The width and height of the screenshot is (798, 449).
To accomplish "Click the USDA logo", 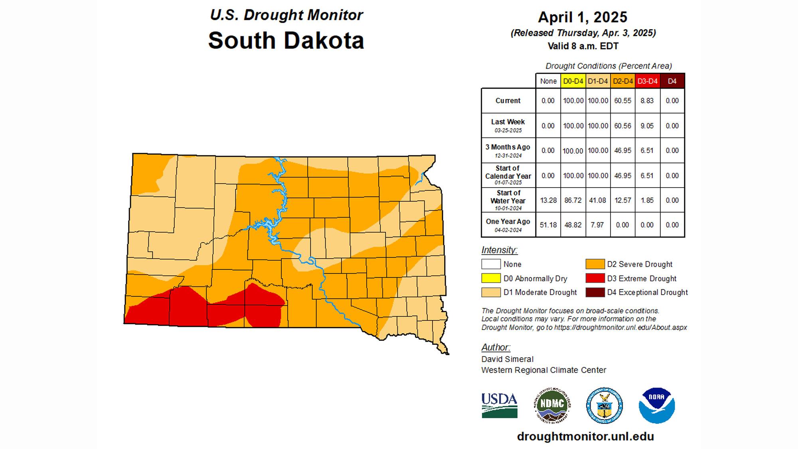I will (500, 405).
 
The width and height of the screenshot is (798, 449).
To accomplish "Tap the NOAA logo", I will (656, 405).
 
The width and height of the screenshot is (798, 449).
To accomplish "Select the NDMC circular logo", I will (552, 405).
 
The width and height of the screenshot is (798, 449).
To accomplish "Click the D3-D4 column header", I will (647, 81).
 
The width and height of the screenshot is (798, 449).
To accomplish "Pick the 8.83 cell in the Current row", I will (647, 101).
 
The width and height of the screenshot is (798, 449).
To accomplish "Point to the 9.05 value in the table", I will (647, 126).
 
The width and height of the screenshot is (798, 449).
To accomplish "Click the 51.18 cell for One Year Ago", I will (548, 225).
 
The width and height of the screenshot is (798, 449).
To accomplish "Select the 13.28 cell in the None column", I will (548, 200).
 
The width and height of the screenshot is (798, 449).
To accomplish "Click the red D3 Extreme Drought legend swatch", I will (595, 278).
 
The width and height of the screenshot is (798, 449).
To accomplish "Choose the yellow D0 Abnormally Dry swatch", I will (491, 278).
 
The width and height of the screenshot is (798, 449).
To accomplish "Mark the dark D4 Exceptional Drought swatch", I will (595, 292).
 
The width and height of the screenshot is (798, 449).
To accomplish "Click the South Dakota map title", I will (286, 40).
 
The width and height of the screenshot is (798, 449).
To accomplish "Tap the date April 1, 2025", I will (583, 17).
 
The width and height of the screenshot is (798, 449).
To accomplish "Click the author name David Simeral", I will (507, 359).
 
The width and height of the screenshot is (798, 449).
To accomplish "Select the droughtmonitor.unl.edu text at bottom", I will (585, 436).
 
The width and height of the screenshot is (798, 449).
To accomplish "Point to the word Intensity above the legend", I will (499, 250).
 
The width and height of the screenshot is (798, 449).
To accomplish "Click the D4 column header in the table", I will (672, 81).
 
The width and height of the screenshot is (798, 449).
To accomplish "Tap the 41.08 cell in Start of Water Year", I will (597, 200).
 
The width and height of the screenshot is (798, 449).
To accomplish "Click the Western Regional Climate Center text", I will (543, 370).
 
